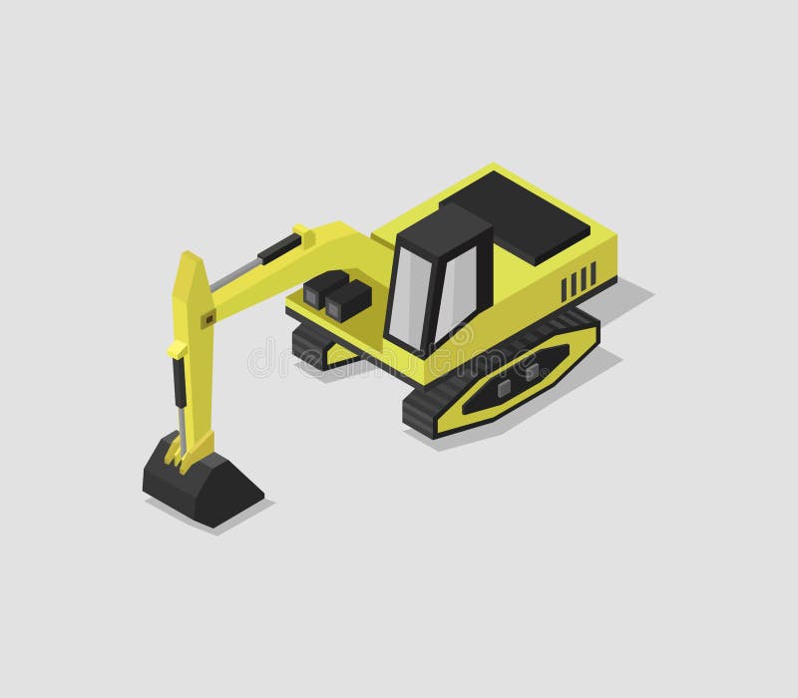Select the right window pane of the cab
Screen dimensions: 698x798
tap(455, 288)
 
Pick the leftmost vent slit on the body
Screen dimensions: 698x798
tap(563, 288)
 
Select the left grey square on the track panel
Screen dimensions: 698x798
tap(505, 387)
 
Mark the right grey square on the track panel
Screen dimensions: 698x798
tap(532, 371)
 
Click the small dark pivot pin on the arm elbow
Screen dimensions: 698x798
tap(209, 319)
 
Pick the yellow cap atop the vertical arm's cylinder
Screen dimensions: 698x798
tap(177, 349)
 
